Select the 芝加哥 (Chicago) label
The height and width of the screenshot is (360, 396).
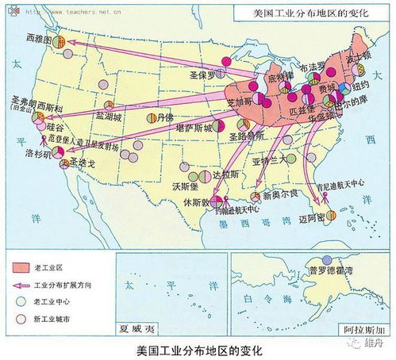click(244, 103)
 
